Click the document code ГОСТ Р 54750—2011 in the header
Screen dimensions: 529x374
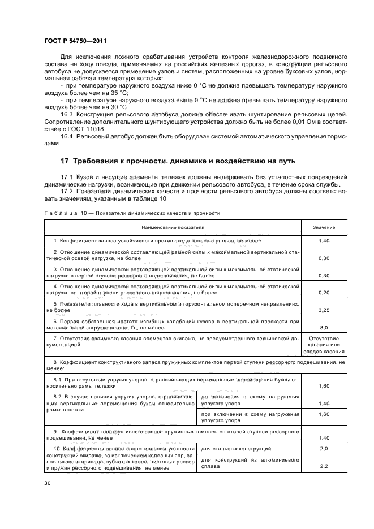click(75, 41)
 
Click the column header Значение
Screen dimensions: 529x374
click(324, 227)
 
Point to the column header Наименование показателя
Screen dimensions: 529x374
click(173, 227)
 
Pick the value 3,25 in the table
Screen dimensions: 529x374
click(324, 310)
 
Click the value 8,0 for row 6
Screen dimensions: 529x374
click(324, 327)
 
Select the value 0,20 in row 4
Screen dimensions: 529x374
click(324, 293)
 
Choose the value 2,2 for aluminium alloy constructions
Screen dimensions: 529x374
click(324, 466)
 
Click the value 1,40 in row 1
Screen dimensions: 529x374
click(324, 241)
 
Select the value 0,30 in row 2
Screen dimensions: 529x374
click(324, 258)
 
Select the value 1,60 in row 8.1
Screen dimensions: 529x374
click(324, 385)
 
